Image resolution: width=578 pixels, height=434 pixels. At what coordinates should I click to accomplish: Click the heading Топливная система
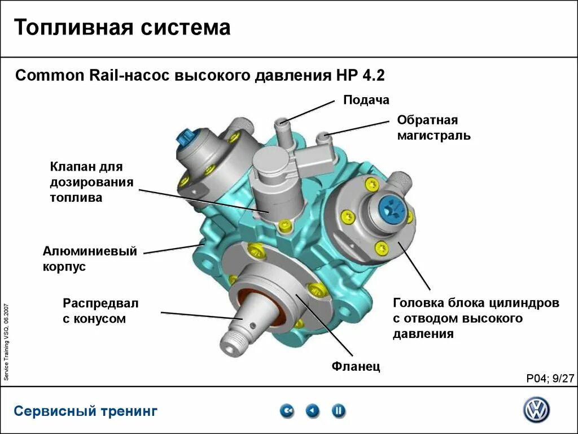coord(122,28)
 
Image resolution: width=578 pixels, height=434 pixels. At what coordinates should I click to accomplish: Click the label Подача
coord(366,101)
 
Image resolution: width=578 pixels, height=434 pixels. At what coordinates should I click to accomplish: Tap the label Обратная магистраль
coord(433,128)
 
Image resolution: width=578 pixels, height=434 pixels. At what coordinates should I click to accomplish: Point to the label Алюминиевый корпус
coord(90,259)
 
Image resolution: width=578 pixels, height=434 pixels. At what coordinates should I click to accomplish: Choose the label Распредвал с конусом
coord(100,311)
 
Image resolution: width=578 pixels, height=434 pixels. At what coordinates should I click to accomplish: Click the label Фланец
coord(356,367)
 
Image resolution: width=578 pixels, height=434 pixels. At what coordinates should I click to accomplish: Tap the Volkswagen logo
coord(536,410)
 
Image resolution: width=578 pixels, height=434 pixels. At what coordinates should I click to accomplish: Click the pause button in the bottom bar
coord(338,411)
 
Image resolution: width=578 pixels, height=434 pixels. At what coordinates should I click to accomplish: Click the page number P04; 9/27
coord(549,379)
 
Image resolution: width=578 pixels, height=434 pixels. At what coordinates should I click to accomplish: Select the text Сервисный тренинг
coord(86,411)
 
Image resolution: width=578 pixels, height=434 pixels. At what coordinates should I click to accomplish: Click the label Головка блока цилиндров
coord(476,303)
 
